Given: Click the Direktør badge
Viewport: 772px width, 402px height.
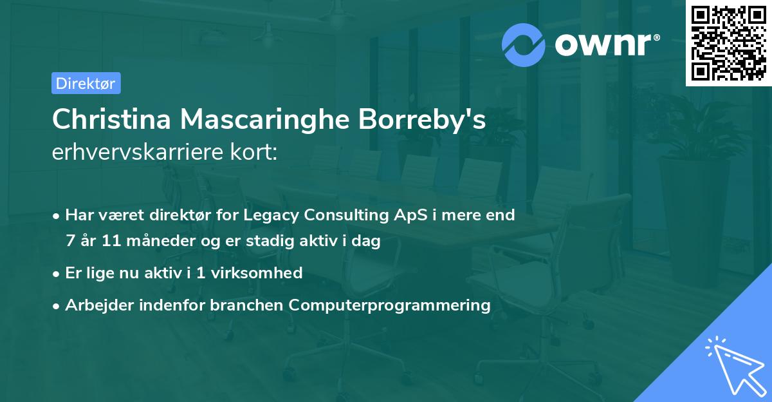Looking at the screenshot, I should tap(86, 83).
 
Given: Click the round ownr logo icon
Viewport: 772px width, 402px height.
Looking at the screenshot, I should tap(524, 44).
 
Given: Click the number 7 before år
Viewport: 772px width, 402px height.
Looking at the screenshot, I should tap(69, 242).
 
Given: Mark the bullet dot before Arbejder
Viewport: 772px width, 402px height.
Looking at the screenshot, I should tap(57, 305).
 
